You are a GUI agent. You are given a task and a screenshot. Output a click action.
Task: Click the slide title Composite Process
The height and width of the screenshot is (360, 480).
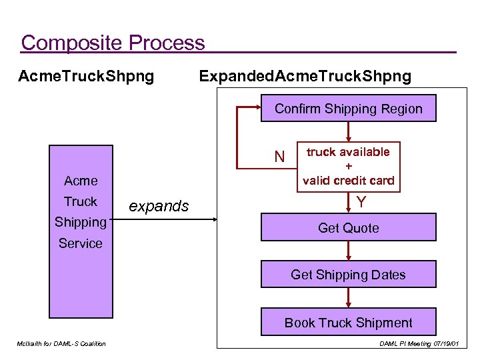click(113, 43)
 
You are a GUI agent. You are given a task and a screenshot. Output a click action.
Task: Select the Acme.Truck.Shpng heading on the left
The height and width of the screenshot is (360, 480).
click(86, 76)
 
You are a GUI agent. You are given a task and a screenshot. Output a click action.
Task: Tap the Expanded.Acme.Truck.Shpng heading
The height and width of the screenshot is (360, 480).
click(305, 76)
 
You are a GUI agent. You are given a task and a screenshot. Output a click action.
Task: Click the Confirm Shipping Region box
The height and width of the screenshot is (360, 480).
click(348, 109)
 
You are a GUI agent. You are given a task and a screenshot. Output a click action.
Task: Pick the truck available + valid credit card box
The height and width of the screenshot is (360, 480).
click(348, 166)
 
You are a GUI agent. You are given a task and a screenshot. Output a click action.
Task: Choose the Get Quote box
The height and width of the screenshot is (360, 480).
click(348, 228)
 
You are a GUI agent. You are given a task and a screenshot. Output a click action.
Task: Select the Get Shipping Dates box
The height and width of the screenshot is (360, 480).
click(348, 275)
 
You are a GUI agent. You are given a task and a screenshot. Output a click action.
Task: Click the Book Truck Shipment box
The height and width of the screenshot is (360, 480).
click(348, 323)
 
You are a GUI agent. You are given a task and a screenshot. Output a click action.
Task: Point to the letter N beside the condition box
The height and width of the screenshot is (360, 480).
click(280, 157)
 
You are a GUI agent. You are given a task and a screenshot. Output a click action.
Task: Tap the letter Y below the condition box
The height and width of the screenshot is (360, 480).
click(361, 201)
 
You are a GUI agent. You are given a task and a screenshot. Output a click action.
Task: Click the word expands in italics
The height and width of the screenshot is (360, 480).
click(158, 206)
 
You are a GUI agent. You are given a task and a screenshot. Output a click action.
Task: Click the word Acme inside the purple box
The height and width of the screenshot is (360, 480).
click(81, 181)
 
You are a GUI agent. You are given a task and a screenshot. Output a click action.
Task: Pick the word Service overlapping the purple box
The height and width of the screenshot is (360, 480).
click(81, 243)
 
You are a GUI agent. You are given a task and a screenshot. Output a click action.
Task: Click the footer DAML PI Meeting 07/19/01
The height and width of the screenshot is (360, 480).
click(419, 343)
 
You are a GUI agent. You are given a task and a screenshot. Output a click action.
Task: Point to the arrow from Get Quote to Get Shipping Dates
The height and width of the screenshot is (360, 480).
click(348, 251)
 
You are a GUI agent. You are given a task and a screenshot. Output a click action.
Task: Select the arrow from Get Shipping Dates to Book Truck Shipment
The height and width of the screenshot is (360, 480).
click(348, 297)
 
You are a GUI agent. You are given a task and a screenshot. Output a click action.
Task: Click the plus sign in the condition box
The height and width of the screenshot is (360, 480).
click(348, 166)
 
